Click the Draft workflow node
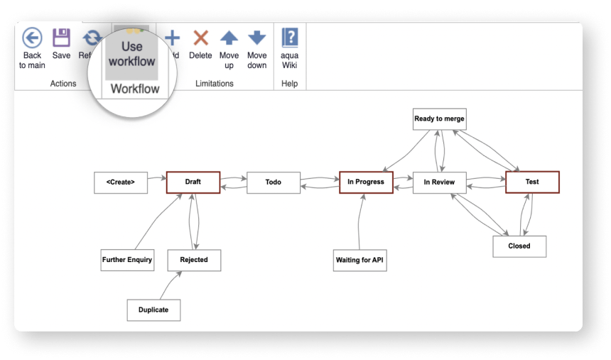(193, 182)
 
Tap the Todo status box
(274, 182)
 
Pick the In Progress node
(366, 182)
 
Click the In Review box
(439, 182)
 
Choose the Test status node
(532, 182)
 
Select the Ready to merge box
(439, 119)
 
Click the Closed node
(519, 246)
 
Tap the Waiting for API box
(360, 260)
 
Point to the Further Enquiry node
(127, 260)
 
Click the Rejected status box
(194, 260)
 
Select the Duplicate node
(153, 310)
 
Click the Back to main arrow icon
(32, 38)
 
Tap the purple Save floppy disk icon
(62, 38)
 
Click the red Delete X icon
(200, 38)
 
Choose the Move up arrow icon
(229, 38)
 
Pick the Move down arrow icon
(257, 38)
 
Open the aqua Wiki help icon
(289, 38)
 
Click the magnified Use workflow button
(131, 53)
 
